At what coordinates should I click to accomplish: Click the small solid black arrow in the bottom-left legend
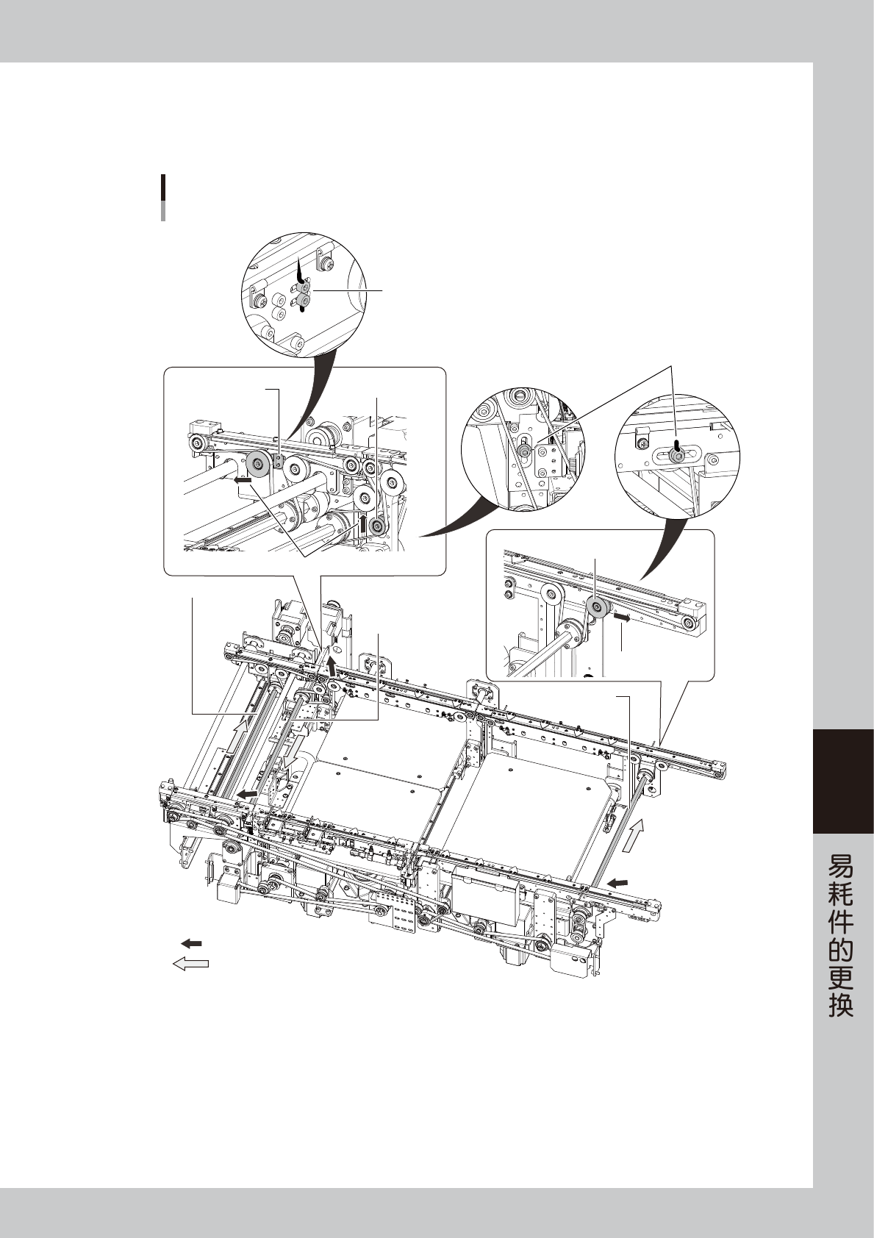click(x=191, y=943)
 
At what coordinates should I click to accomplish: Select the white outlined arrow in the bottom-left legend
click(x=190, y=964)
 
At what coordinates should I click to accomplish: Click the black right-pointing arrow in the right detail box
click(x=621, y=620)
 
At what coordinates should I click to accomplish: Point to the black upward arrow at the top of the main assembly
click(x=333, y=666)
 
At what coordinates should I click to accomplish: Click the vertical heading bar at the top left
click(x=162, y=198)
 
